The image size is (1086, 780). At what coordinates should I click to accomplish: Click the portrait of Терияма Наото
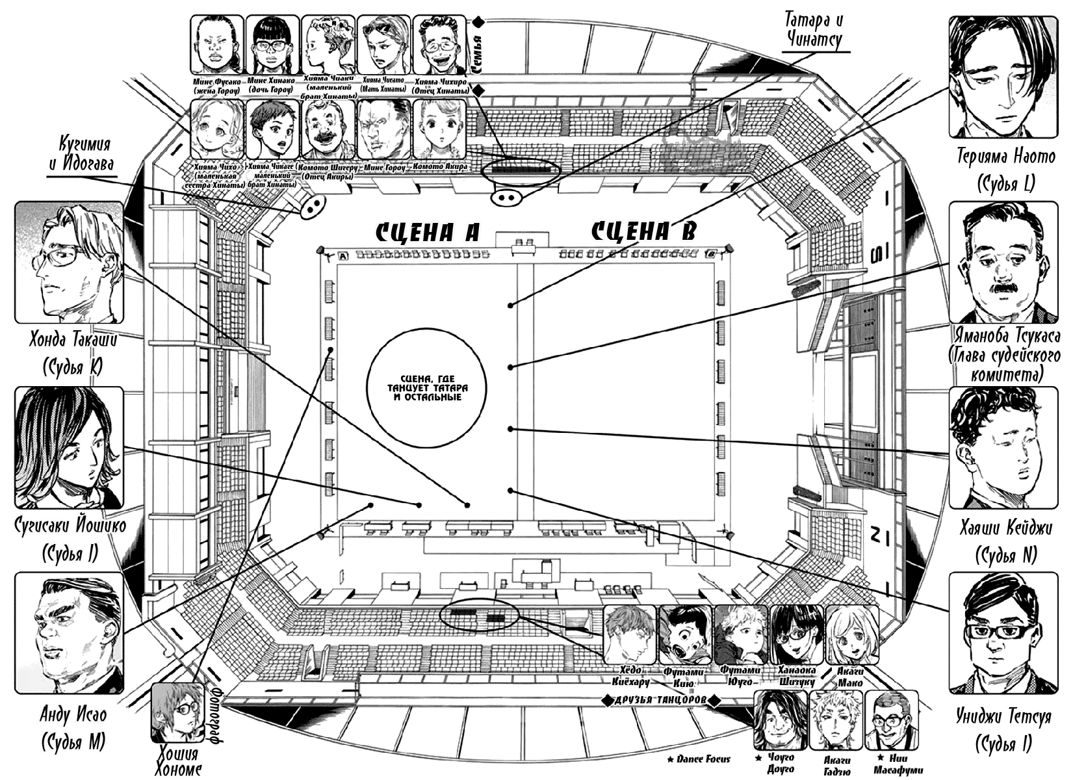[1003, 77]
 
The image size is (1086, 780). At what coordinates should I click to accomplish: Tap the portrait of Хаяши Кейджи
[1003, 447]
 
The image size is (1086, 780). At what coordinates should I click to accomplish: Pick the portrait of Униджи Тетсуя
[1003, 632]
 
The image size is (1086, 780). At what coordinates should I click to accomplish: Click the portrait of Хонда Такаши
[69, 262]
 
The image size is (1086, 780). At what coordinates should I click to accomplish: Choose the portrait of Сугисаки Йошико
[69, 447]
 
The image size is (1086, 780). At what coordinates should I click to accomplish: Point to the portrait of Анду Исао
[69, 632]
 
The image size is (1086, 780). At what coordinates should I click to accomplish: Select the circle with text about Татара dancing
[426, 389]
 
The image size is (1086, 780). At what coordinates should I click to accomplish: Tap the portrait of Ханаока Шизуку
[797, 634]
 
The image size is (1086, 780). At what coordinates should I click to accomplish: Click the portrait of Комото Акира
[441, 129]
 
